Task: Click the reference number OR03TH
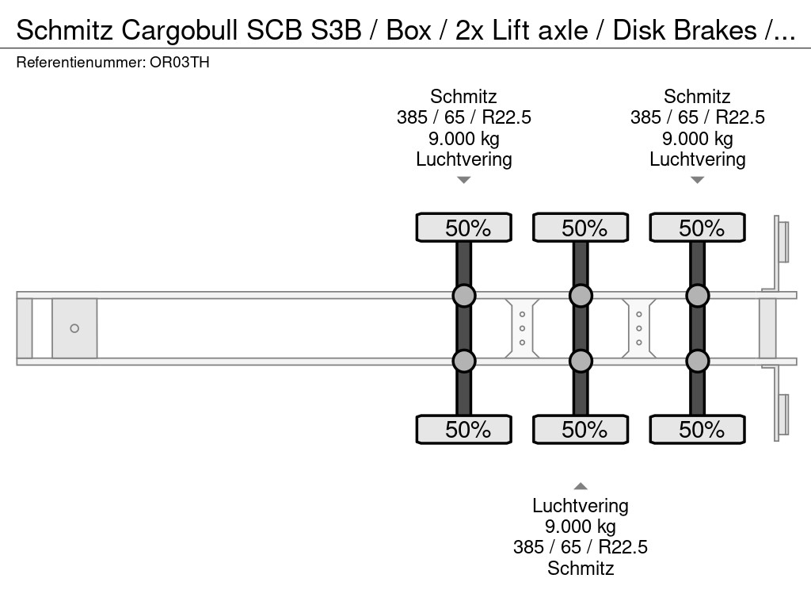coord(179,63)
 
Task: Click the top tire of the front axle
coord(464,228)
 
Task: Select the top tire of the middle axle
coord(581,228)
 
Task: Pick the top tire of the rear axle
coord(697,228)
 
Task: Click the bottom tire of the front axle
coord(464,430)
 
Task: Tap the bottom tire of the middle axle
coord(581,430)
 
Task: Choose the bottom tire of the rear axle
coord(697,430)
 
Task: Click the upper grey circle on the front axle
coord(464,296)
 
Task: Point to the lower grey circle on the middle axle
coord(581,362)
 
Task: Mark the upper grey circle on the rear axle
coord(697,296)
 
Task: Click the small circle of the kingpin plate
coord(74,328)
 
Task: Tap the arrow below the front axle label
coord(464,181)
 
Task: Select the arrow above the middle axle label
coord(581,486)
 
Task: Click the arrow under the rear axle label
coord(697,181)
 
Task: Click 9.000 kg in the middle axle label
coord(581,527)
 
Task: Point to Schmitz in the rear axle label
coord(697,97)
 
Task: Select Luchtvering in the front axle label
coord(464,159)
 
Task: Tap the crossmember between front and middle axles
coord(523,328)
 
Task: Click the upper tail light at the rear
coord(782,241)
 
